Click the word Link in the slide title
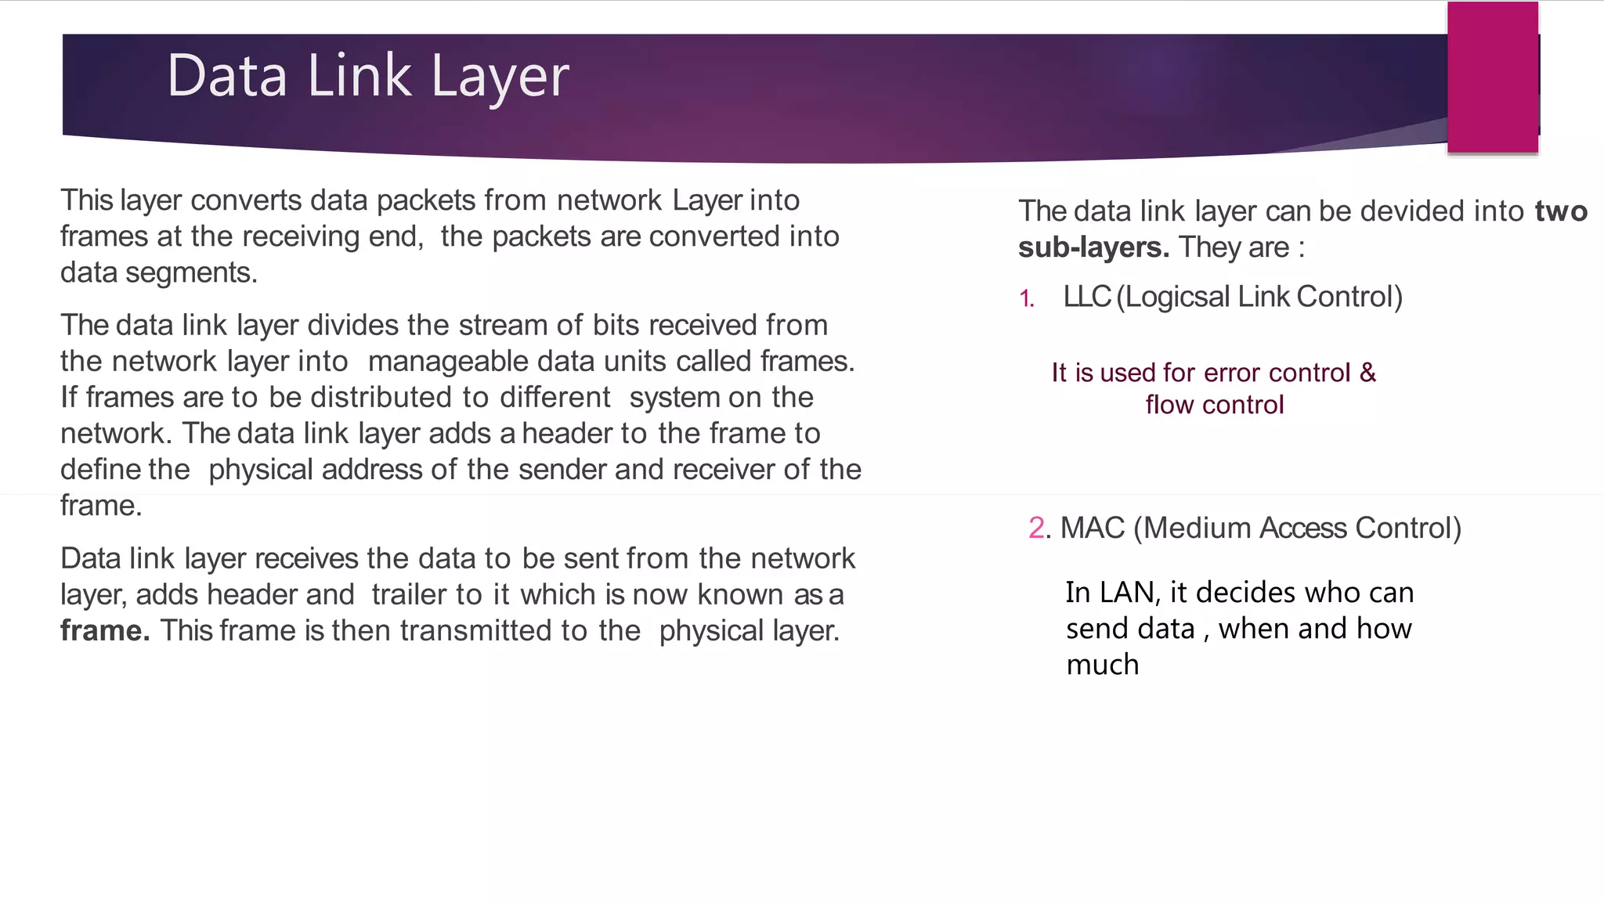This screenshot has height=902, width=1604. pos(359,76)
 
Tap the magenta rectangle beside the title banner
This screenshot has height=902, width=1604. pos(1492,77)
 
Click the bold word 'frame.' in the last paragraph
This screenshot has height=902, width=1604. pos(105,630)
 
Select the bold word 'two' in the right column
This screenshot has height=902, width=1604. pos(1561,211)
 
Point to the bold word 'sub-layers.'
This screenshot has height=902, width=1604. pos(1093,247)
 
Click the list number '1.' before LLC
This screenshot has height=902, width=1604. pos(1027,298)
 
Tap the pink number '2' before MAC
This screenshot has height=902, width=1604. pos(1036,529)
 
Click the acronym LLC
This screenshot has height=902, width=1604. pos(1087,297)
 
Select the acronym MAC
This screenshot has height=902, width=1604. pos(1093,529)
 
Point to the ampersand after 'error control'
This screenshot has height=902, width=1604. pos(1367,373)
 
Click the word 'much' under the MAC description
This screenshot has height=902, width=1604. pos(1102,665)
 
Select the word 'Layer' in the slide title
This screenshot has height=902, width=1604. pos(500,78)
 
